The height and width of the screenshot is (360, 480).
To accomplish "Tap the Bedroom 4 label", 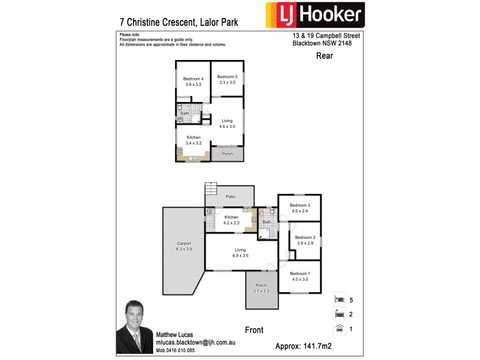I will pyautogui.click(x=194, y=81).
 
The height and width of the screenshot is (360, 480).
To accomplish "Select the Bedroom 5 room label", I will pyautogui.click(x=227, y=79).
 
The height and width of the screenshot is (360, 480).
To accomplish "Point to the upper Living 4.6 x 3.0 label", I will pyautogui.click(x=227, y=124).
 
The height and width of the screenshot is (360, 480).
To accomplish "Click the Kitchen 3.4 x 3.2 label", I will pyautogui.click(x=193, y=140).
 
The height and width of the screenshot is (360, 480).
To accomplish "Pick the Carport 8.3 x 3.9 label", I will pyautogui.click(x=184, y=246).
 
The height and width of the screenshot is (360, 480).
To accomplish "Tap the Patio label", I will pyautogui.click(x=230, y=196).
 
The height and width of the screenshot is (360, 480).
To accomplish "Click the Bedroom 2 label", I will pyautogui.click(x=305, y=240).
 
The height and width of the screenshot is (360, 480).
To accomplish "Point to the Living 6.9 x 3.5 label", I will pyautogui.click(x=240, y=253).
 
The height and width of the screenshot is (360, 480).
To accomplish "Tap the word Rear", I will pyautogui.click(x=325, y=56).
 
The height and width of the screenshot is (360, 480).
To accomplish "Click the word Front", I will pyautogui.click(x=254, y=330).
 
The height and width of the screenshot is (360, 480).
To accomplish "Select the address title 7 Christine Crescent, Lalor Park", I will pyautogui.click(x=179, y=23).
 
